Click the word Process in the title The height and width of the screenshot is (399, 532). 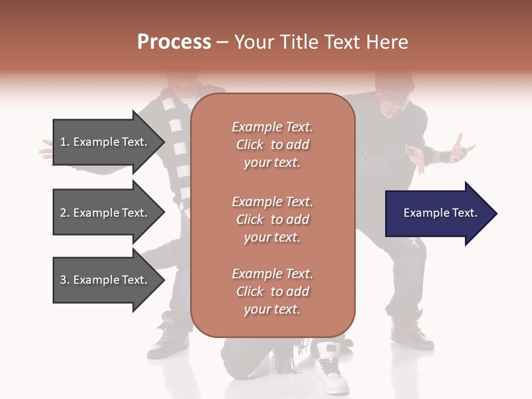pyautogui.click(x=174, y=42)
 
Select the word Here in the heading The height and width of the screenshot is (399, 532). pyautogui.click(x=387, y=42)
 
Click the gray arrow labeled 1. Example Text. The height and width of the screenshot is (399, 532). pyautogui.click(x=109, y=142)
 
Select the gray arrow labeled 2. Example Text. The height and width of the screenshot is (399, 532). pyautogui.click(x=109, y=212)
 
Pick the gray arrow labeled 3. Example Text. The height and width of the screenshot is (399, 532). pyautogui.click(x=109, y=280)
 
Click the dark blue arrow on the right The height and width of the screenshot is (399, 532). pyautogui.click(x=441, y=213)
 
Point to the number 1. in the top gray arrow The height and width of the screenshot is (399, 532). pyautogui.click(x=65, y=142)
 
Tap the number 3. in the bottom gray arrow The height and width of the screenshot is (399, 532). pyautogui.click(x=65, y=280)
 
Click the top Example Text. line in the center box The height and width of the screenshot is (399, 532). pyautogui.click(x=273, y=127)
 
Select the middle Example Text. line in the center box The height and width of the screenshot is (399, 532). pyautogui.click(x=273, y=202)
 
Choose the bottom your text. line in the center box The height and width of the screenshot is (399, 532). pyautogui.click(x=272, y=309)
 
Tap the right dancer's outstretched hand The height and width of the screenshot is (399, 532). pyautogui.click(x=462, y=149)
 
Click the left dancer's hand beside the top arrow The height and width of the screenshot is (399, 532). pyautogui.click(x=47, y=152)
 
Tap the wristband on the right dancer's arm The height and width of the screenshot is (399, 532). pyautogui.click(x=445, y=157)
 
